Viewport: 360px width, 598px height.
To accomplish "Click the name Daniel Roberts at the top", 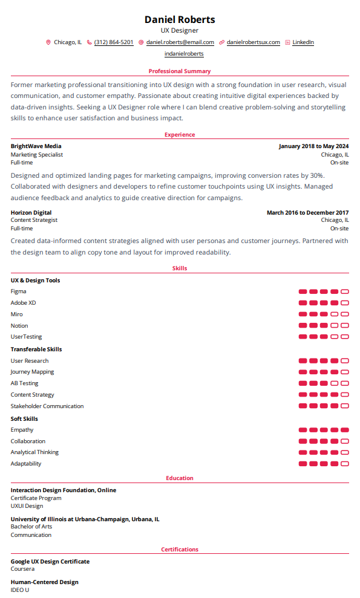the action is click(180, 19).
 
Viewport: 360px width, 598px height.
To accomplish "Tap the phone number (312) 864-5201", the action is click(114, 42).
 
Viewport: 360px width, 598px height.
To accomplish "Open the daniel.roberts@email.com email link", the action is click(180, 42).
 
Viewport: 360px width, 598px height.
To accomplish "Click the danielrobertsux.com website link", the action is click(253, 42).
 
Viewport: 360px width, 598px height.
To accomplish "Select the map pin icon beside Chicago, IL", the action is click(48, 42).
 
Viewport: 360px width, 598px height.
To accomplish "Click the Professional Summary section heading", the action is click(180, 71).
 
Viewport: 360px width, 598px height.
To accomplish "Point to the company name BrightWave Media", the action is click(36, 146).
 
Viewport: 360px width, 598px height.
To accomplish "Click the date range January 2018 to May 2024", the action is click(313, 146).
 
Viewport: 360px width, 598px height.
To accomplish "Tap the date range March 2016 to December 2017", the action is click(307, 213).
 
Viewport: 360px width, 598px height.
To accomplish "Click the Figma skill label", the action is click(18, 291).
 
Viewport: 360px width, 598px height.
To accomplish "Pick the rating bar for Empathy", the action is click(324, 430).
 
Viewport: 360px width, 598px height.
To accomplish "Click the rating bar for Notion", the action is click(324, 326).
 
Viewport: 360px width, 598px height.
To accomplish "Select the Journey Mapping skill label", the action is click(32, 372).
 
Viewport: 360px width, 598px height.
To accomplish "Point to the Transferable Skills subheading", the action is click(36, 349).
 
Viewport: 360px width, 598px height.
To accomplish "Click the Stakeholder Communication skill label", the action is click(47, 406).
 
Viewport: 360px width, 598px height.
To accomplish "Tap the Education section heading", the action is click(180, 478).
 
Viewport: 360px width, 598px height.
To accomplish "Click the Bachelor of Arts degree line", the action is click(31, 527).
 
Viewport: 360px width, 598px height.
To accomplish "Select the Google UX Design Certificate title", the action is click(50, 562).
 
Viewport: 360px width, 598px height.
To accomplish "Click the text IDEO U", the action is click(20, 590).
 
